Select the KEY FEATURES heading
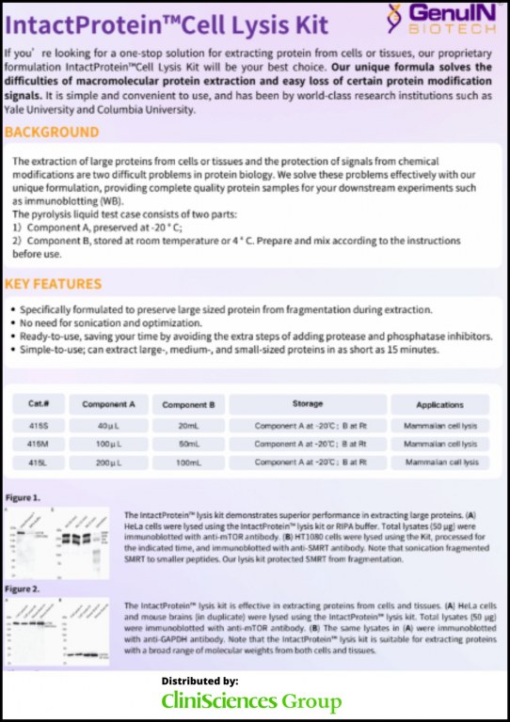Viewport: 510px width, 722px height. coord(53,284)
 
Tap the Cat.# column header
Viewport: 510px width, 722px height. coord(39,405)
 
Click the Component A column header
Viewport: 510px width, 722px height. coord(108,405)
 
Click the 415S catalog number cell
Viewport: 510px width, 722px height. coord(39,425)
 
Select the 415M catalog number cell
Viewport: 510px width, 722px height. coord(39,443)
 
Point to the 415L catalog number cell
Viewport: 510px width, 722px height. coord(39,463)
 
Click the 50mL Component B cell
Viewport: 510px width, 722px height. coord(188,443)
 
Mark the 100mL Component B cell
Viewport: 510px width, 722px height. coord(188,463)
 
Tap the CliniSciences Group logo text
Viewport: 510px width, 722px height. coord(251,700)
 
